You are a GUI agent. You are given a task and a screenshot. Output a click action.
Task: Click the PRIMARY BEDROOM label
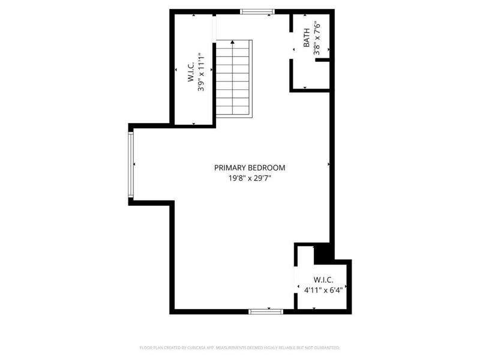click(250, 168)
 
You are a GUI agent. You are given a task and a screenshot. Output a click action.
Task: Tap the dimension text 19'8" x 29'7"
click(250, 178)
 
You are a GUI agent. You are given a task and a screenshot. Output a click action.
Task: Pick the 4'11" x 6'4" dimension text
click(328, 290)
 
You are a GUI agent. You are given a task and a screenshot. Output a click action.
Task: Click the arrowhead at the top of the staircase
click(232, 43)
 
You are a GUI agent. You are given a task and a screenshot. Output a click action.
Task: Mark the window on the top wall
click(257, 11)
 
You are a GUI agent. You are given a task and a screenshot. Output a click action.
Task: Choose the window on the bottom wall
click(266, 311)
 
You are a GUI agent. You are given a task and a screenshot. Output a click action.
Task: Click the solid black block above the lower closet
click(322, 252)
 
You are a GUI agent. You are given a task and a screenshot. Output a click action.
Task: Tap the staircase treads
click(233, 78)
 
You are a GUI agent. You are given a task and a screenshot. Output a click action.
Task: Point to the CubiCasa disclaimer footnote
click(240, 347)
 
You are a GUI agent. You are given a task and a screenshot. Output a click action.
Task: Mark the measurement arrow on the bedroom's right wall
click(329, 163)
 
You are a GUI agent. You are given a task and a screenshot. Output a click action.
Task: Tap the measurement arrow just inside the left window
click(134, 164)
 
